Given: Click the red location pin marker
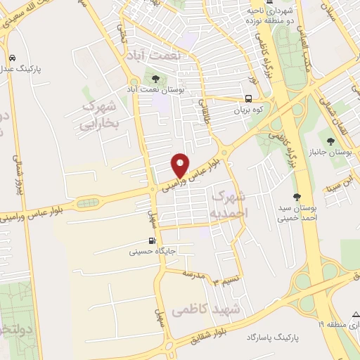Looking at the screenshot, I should point(181,165).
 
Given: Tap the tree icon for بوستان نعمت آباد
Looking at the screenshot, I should point(155,79).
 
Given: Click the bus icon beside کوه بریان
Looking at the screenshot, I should point(249,98).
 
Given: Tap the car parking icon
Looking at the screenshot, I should point(13,58).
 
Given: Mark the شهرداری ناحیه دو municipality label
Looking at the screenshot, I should point(274,13).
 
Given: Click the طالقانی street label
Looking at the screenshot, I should point(206,112).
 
